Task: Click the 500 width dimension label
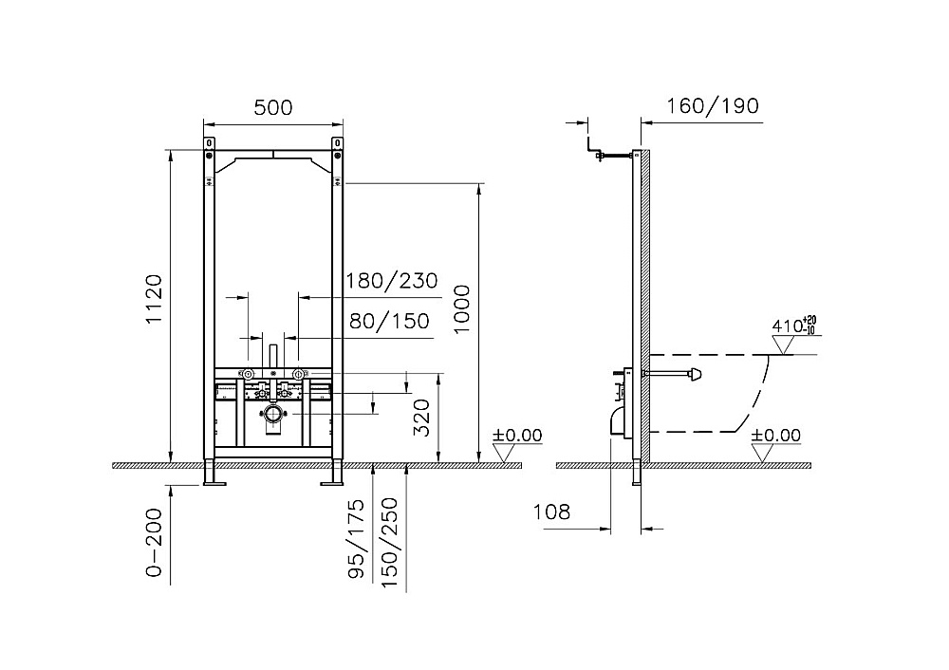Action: (273, 108)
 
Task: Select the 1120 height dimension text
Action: (155, 299)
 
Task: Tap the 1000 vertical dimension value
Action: (462, 309)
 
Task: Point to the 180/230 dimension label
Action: (392, 281)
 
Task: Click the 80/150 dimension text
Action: (389, 321)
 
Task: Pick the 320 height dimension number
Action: (421, 418)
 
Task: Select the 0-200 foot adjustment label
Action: (155, 542)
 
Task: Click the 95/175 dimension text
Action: (357, 539)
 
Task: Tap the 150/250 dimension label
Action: (389, 542)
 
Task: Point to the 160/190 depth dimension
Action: (713, 106)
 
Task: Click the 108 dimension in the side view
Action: (551, 512)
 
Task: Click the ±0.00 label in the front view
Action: (517, 436)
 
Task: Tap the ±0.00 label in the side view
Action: (775, 436)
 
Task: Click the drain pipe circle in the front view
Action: (273, 415)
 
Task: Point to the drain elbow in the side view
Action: (619, 420)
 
